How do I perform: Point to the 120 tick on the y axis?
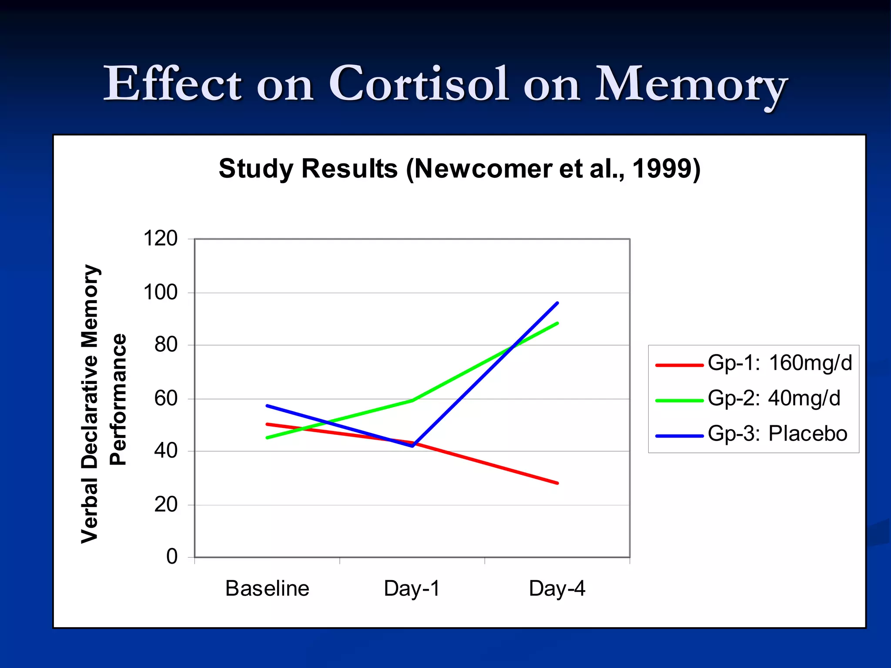pyautogui.click(x=160, y=239)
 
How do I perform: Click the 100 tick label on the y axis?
pyautogui.click(x=160, y=292)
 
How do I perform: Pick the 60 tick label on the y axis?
pyautogui.click(x=166, y=398)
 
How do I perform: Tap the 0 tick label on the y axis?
pyautogui.click(x=172, y=557)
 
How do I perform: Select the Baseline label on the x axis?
pyautogui.click(x=267, y=588)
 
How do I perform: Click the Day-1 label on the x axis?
pyautogui.click(x=412, y=588)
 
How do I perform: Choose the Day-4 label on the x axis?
pyautogui.click(x=557, y=588)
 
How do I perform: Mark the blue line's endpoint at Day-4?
pyautogui.click(x=557, y=303)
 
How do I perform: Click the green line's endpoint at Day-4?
pyautogui.click(x=557, y=323)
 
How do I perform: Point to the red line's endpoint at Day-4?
pyautogui.click(x=557, y=483)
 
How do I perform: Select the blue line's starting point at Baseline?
pyautogui.click(x=267, y=405)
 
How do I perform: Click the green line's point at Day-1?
pyautogui.click(x=412, y=401)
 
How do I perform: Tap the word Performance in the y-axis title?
pyautogui.click(x=117, y=399)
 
